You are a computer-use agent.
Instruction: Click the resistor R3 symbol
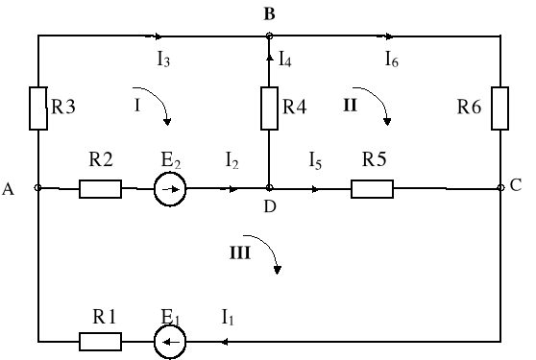37,108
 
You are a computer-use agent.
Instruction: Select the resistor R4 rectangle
269,108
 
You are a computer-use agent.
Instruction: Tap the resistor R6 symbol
500,108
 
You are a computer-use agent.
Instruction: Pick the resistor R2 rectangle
100,189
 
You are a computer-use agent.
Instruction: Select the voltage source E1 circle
170,340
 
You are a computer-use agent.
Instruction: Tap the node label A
9,190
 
